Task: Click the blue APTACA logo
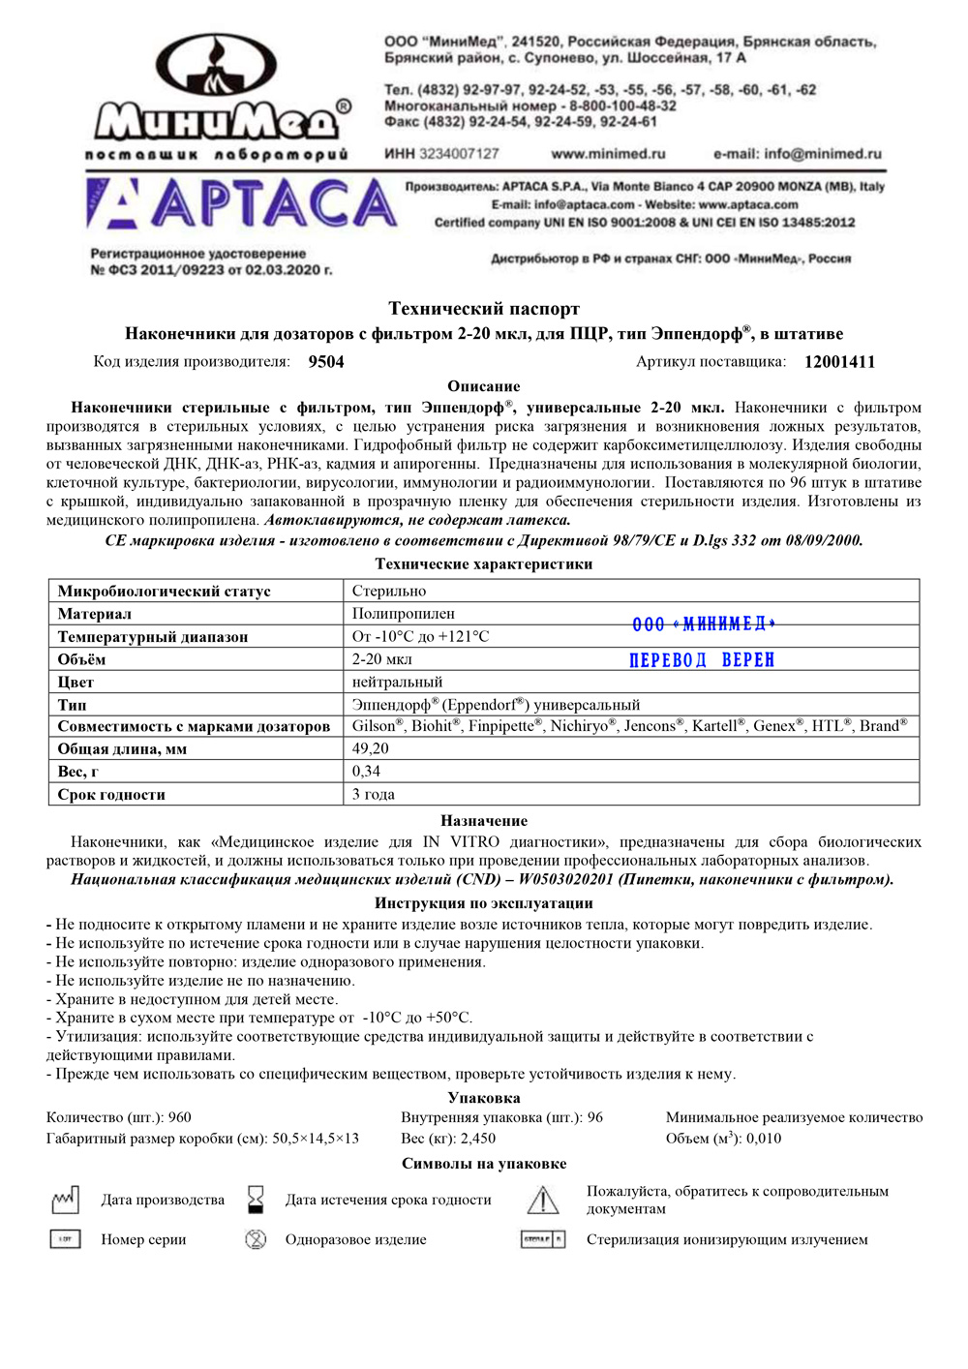242,204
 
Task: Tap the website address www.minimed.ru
608,154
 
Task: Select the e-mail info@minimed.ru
797,154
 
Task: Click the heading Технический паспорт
484,309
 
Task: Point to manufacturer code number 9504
326,362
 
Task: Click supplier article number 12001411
839,362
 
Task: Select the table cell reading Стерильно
389,591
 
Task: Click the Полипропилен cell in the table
403,614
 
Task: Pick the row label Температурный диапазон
153,637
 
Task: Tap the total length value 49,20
370,748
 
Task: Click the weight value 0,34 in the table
366,772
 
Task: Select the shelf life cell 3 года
373,795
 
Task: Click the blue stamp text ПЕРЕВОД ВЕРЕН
702,660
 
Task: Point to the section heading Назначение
484,821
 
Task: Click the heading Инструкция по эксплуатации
484,903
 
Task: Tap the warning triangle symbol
543,1201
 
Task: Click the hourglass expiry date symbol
256,1200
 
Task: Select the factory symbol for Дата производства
65,1201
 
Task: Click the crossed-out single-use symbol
256,1239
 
